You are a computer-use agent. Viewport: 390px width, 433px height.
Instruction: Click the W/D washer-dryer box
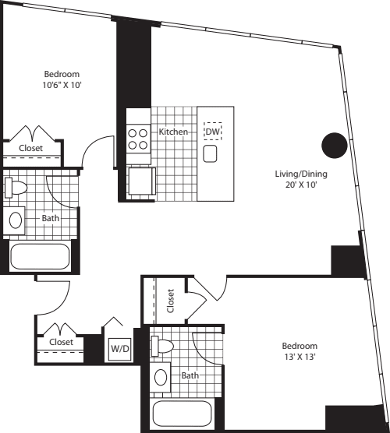coord(119,348)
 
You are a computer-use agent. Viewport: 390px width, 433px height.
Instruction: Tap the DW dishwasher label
coord(212,132)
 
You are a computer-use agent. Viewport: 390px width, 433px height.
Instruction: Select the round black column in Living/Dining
coord(335,144)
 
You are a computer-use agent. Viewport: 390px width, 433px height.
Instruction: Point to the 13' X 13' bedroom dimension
coord(300,357)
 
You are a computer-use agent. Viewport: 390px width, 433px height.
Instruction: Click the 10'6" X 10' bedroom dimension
coord(62,86)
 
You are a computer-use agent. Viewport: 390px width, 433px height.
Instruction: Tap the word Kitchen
coord(173,132)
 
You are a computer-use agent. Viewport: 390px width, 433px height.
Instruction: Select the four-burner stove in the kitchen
coord(138,139)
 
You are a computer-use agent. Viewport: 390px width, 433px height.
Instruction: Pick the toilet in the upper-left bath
coord(16,188)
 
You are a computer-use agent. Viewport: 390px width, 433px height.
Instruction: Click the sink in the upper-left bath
coord(16,220)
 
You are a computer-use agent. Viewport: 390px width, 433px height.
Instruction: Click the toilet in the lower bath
coord(162,345)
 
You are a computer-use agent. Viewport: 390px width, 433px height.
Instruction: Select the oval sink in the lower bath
coord(161,378)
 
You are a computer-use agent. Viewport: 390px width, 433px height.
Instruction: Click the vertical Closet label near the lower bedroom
coord(171,299)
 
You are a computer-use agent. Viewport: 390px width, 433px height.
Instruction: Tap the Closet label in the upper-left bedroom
coord(30,148)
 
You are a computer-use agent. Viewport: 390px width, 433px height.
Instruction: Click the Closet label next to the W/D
coord(61,342)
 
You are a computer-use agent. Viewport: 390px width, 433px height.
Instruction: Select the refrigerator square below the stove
coord(141,181)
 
